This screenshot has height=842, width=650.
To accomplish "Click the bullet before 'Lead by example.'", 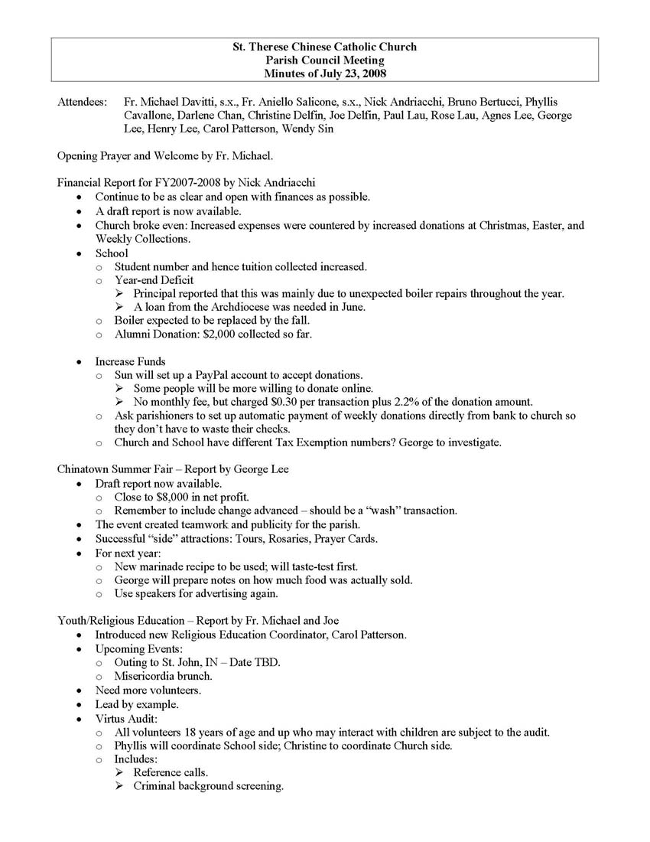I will [x=80, y=704].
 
